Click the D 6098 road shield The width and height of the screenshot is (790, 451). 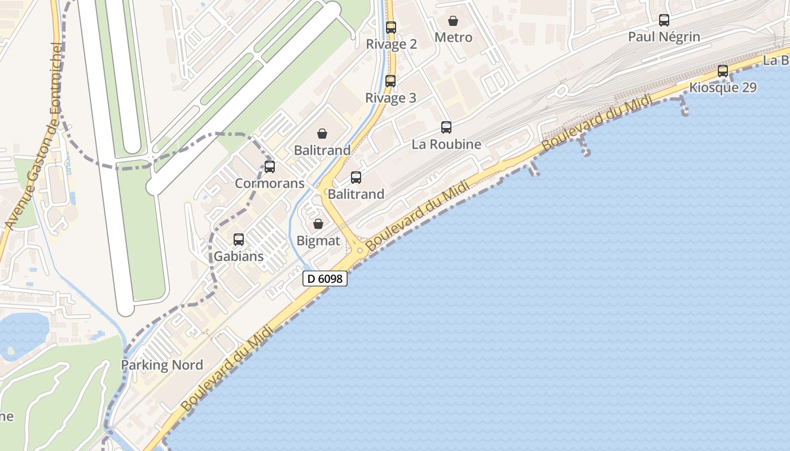click(x=324, y=278)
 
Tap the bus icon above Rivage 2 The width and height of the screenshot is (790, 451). click(x=390, y=27)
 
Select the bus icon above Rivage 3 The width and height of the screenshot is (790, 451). click(x=390, y=81)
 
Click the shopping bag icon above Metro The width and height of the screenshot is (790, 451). click(x=453, y=21)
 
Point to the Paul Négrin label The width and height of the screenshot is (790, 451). click(x=664, y=37)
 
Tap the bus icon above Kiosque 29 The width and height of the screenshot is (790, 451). click(x=723, y=71)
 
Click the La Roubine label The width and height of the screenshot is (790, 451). click(x=446, y=144)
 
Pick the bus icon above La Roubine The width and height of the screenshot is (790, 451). click(x=446, y=127)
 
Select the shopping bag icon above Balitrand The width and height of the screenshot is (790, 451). click(x=322, y=134)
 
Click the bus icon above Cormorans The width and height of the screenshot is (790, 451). click(x=270, y=166)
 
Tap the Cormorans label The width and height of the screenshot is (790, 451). click(x=270, y=183)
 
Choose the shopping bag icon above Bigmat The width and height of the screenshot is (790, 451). click(x=318, y=224)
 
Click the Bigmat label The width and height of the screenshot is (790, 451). click(x=319, y=241)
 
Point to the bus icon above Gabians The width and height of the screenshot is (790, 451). click(x=239, y=240)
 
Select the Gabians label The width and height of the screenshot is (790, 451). click(x=239, y=257)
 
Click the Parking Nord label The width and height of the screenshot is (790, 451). click(x=162, y=365)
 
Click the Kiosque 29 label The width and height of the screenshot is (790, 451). click(x=723, y=88)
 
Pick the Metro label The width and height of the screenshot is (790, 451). click(x=453, y=38)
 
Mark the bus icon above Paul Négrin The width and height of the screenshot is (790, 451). click(x=664, y=20)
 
